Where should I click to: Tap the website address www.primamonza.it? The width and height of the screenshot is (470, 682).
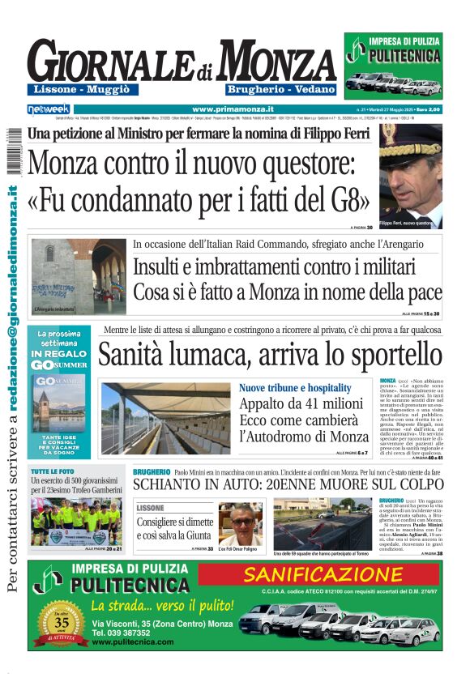click(233, 109)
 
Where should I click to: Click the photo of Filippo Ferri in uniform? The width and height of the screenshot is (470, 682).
click(411, 176)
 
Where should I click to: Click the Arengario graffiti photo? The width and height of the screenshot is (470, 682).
click(79, 276)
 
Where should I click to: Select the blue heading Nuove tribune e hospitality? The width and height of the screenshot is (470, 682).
click(295, 388)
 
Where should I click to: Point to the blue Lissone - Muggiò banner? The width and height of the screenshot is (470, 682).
click(82, 89)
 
